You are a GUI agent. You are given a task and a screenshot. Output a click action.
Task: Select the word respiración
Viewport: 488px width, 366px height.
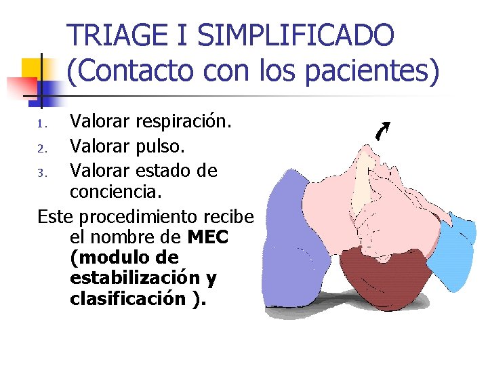(x=184, y=123)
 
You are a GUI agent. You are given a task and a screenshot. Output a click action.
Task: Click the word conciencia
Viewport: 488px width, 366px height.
(x=116, y=192)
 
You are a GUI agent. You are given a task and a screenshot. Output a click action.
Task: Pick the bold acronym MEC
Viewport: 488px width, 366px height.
(x=208, y=238)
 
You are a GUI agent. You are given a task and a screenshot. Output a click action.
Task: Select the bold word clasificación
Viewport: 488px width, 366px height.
(x=127, y=299)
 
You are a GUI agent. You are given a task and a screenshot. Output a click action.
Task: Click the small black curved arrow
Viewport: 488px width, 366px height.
(x=384, y=131)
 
